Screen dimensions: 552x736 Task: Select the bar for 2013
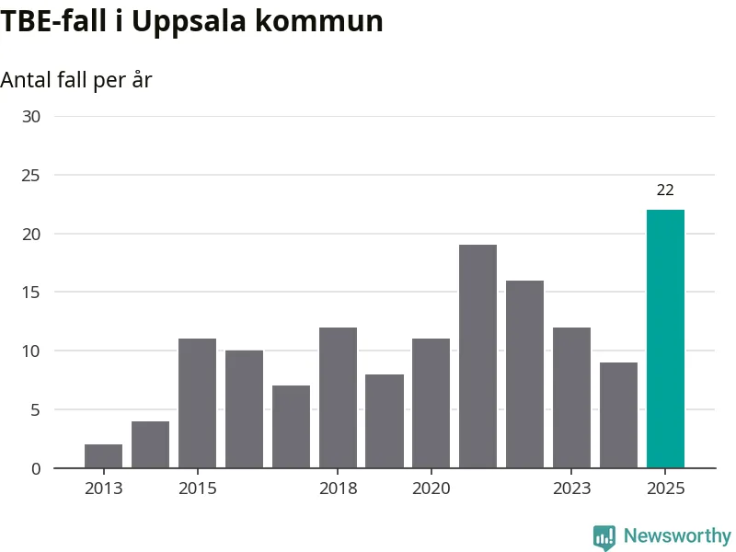(103, 456)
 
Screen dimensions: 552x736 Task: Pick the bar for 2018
(338, 397)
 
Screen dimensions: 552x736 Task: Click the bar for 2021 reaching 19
(477, 356)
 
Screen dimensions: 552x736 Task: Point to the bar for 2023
(571, 397)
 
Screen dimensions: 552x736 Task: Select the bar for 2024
(618, 415)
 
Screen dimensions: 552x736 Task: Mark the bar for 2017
(291, 427)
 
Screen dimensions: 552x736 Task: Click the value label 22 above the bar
(665, 190)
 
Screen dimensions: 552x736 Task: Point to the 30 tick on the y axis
(32, 116)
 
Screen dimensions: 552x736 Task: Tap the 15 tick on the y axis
(32, 293)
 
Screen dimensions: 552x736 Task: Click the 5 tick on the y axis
(36, 409)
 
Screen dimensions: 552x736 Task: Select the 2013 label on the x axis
(103, 489)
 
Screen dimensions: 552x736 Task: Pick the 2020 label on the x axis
(431, 489)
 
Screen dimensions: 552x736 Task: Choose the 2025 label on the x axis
(665, 489)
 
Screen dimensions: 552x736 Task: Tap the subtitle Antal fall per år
(75, 80)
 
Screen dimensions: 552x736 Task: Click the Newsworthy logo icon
(604, 537)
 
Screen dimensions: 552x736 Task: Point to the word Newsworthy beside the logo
(677, 535)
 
